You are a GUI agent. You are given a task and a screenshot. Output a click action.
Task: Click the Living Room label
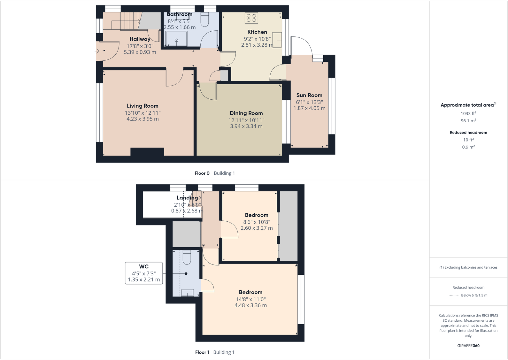coord(142,106)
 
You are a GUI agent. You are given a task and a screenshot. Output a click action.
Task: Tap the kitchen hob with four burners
coord(251,18)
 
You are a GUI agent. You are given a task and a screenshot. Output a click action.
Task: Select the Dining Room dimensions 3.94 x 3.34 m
coord(246,126)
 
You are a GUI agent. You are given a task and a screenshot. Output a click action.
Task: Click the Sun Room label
coord(309,95)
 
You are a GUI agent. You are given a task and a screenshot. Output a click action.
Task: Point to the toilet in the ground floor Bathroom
coord(204,20)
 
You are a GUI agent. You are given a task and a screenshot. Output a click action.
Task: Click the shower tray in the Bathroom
coord(176,39)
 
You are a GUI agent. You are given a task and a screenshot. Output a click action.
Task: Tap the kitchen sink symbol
coord(277,40)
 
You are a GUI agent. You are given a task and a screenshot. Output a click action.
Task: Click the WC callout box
coord(144,273)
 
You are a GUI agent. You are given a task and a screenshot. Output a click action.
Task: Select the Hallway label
coord(140,39)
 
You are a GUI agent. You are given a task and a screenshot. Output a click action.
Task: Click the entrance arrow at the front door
coord(97,51)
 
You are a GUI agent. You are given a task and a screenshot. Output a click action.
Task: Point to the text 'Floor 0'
coord(202,173)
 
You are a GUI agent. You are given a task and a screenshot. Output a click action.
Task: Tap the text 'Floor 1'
coord(202,352)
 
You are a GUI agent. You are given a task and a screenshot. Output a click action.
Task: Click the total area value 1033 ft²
coord(468,113)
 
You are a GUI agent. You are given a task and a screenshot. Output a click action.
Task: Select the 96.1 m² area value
coord(468,121)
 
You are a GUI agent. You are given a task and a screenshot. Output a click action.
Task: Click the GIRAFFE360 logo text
coord(468,346)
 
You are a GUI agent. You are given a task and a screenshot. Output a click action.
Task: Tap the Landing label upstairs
coord(187,198)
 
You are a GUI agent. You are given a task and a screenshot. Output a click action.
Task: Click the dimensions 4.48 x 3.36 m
coord(250,305)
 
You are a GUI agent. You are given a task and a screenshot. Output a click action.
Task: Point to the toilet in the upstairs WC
coord(187,257)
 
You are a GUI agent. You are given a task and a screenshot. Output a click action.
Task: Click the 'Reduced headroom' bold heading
coord(468,132)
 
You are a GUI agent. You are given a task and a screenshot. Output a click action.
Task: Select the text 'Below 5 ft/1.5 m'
coord(474,295)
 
